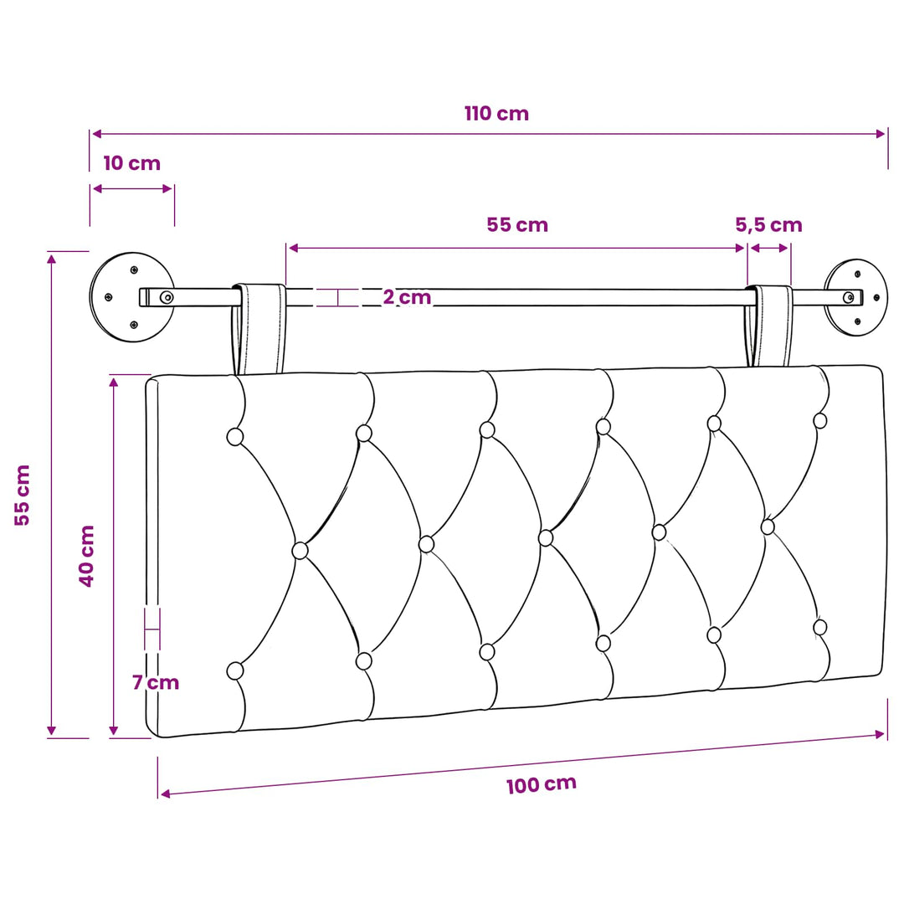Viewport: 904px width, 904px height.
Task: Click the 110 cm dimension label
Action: click(x=496, y=114)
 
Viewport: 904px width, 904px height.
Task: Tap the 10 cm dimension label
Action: click(x=132, y=163)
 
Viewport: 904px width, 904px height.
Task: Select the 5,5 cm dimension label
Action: click(x=768, y=224)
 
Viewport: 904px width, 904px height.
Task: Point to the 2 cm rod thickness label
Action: click(x=407, y=297)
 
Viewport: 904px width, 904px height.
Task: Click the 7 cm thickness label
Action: click(x=156, y=682)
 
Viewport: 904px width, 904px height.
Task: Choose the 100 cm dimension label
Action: click(x=542, y=784)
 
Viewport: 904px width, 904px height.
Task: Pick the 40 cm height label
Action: click(x=86, y=556)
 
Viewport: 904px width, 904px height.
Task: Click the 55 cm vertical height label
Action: click(x=22, y=495)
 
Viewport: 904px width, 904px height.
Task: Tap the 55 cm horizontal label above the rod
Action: click(x=517, y=224)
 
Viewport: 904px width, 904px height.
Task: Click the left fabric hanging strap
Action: click(x=259, y=329)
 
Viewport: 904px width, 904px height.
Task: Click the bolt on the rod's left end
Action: click(x=167, y=297)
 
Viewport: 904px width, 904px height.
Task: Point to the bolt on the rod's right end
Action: click(x=849, y=297)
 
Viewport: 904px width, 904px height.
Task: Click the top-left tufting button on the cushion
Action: click(x=234, y=436)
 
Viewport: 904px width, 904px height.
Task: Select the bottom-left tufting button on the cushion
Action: click(x=234, y=671)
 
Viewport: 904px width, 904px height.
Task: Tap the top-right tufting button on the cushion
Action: click(x=819, y=421)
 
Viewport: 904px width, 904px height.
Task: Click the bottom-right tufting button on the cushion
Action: click(x=819, y=627)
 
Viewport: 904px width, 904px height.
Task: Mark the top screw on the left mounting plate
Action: click(x=134, y=270)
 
